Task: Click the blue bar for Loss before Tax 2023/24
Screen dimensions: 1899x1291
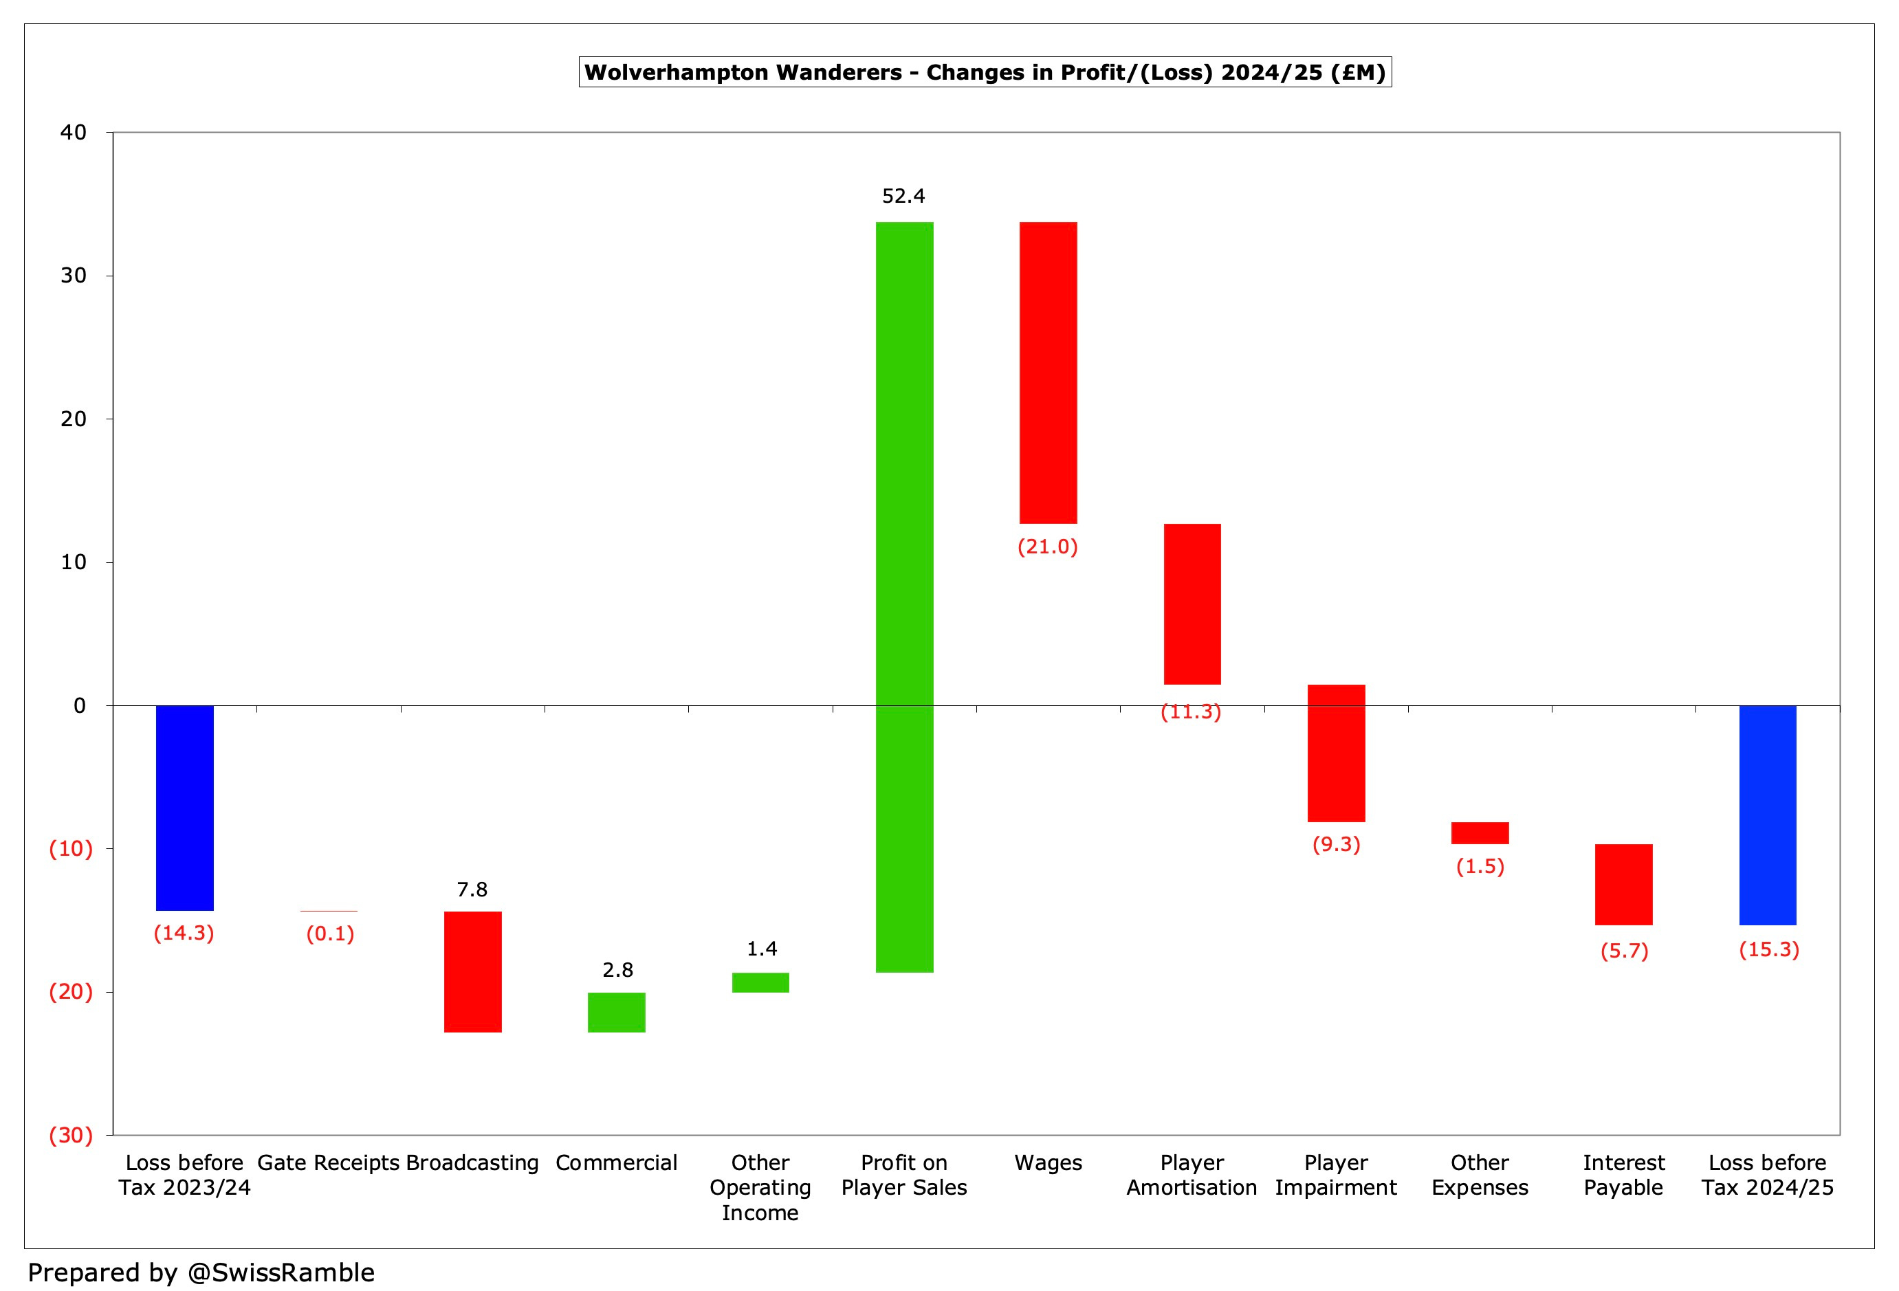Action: (x=185, y=807)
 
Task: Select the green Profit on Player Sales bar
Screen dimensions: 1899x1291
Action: (x=905, y=597)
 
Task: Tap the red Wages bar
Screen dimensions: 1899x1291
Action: (x=1049, y=373)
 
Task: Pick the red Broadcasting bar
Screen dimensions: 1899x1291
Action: (x=473, y=971)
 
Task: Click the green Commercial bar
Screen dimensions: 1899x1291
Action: (x=617, y=1013)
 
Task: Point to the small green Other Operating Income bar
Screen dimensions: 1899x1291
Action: (x=760, y=982)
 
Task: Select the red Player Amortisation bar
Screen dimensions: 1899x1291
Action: (x=1192, y=604)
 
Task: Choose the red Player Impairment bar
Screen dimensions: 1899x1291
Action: (x=1336, y=753)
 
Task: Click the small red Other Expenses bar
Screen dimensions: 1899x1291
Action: (x=1480, y=832)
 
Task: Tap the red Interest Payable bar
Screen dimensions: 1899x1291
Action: (x=1623, y=884)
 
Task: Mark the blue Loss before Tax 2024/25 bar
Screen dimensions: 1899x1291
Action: (x=1768, y=815)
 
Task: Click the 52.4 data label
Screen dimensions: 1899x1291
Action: (x=903, y=196)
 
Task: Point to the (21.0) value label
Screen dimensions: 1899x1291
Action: (x=1048, y=547)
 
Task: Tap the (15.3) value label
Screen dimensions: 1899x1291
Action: (x=1769, y=949)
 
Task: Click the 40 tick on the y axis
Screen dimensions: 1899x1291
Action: (x=74, y=133)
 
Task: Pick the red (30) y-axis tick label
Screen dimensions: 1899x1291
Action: (x=71, y=1135)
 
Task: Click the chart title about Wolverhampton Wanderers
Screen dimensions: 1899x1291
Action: (x=985, y=72)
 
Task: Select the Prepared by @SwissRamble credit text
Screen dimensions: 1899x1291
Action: (x=201, y=1272)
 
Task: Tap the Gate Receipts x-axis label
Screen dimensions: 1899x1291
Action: (x=329, y=1162)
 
